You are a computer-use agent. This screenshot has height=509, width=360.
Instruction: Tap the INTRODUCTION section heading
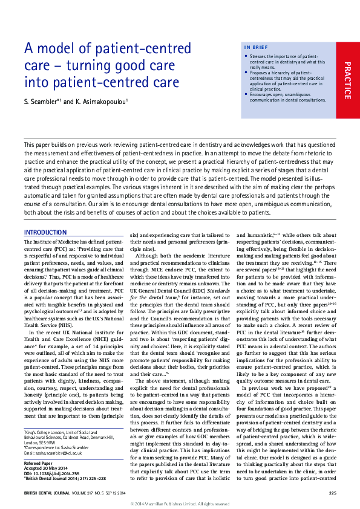pyautogui.click(x=45, y=232)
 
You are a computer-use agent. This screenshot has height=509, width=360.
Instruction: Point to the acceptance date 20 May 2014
pyautogui.click(x=55, y=449)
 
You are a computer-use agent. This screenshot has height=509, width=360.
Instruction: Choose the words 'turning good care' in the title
pyautogui.click(x=110, y=65)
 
